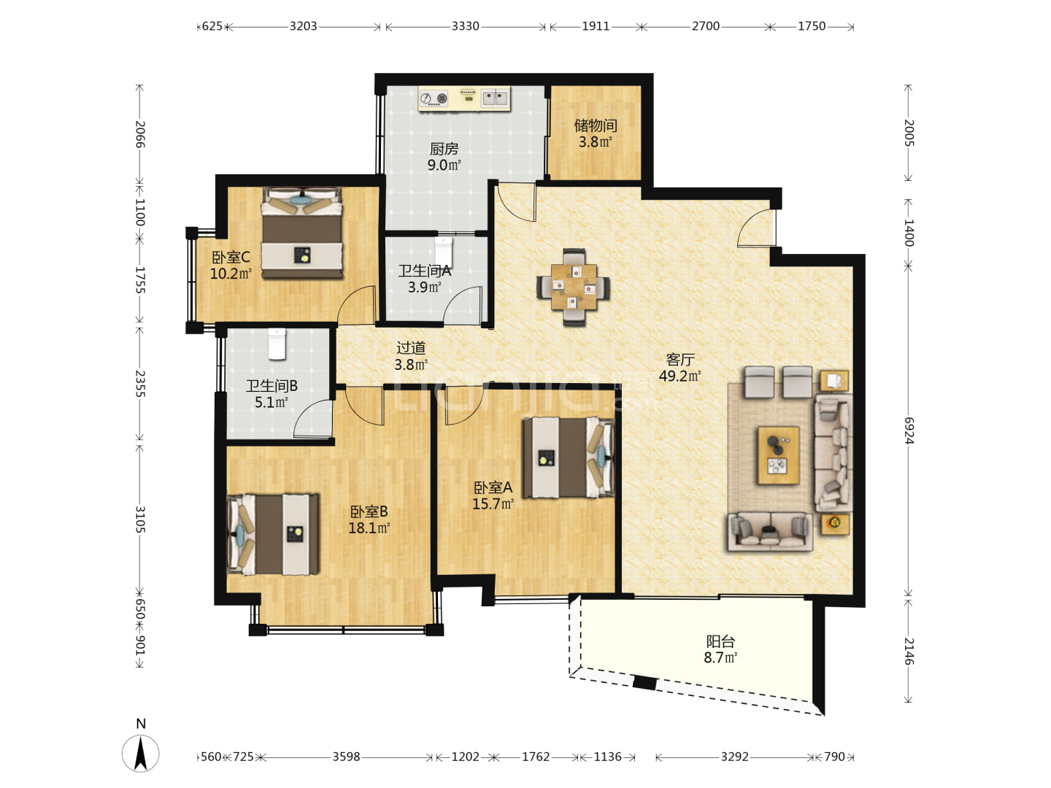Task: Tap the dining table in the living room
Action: click(x=574, y=287)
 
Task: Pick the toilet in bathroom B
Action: click(x=277, y=344)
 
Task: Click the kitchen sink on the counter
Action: click(x=495, y=98)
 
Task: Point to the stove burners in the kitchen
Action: click(x=434, y=99)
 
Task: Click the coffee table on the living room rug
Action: click(x=778, y=455)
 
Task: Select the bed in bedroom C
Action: click(x=301, y=233)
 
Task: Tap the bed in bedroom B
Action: click(x=273, y=534)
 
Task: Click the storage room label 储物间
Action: click(x=595, y=125)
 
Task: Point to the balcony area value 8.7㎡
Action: click(x=720, y=657)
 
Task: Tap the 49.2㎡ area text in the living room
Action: click(x=680, y=376)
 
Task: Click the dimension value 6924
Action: click(x=909, y=430)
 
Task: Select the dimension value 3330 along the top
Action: click(x=466, y=26)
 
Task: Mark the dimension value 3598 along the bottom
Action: click(x=346, y=757)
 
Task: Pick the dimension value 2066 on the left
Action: click(x=140, y=134)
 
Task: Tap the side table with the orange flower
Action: click(x=835, y=525)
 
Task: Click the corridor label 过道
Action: click(x=411, y=348)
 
